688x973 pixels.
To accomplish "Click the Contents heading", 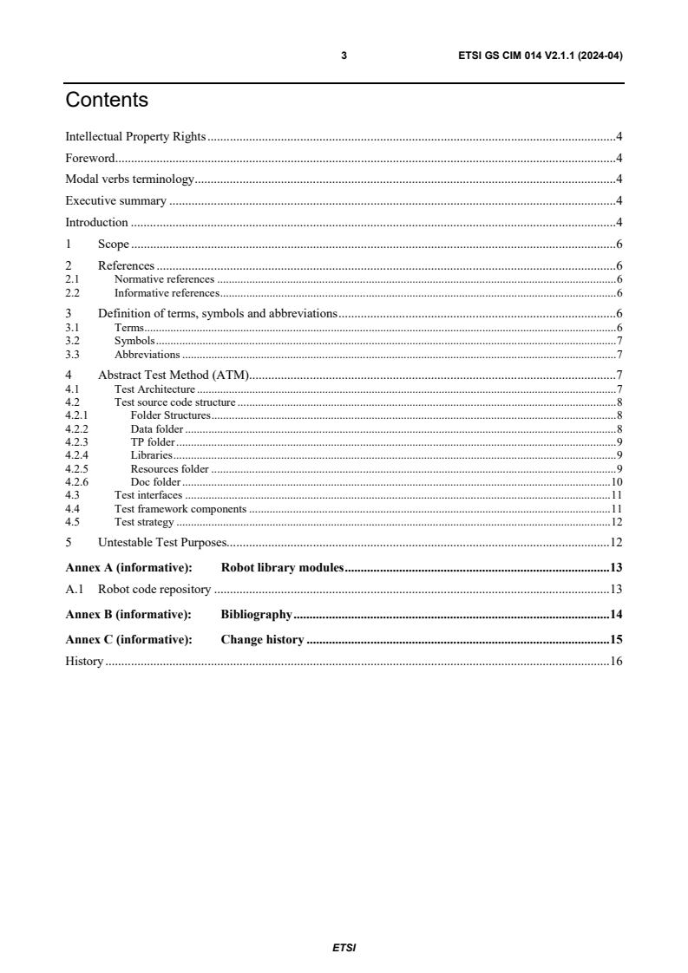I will point(107,101).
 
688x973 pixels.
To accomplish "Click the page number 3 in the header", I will point(344,56).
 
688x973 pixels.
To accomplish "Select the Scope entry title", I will point(114,244).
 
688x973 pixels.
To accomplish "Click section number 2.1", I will point(73,279).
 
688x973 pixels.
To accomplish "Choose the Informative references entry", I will point(167,292).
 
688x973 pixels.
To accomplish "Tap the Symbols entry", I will point(134,341).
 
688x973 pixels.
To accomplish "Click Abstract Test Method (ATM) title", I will point(174,375).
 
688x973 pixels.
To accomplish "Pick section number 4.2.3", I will point(77,442).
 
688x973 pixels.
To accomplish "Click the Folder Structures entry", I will point(171,415).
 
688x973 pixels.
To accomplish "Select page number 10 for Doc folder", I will point(617,482).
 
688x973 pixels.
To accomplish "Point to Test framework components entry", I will point(180,509).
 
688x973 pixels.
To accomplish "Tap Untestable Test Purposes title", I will point(162,543).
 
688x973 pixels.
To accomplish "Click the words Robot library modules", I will point(283,568).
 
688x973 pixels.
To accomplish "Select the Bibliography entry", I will point(256,615).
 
